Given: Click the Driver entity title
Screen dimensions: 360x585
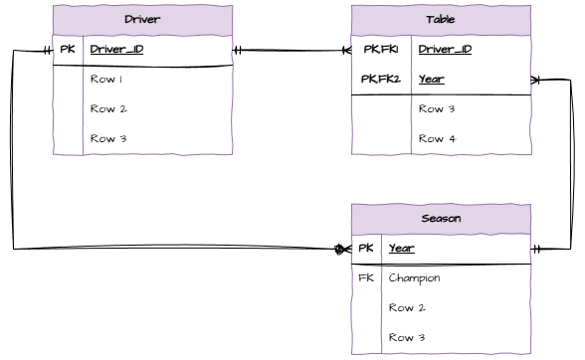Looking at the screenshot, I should (x=142, y=20).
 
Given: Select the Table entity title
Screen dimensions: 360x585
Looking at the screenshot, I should (x=441, y=20).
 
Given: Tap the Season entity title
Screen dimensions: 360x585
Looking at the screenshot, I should (x=441, y=219).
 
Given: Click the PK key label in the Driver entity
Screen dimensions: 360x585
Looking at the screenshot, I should (x=67, y=49).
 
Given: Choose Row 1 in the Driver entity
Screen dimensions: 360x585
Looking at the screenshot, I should (x=107, y=79).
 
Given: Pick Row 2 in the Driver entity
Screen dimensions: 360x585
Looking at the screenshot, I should (x=107, y=108).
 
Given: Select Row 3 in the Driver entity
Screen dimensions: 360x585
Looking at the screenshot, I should (x=107, y=138).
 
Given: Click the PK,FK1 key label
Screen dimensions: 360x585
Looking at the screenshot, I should (x=380, y=49).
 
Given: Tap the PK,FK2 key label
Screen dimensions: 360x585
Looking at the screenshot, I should (x=380, y=79).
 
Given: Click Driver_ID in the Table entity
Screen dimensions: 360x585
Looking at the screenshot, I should (x=445, y=49).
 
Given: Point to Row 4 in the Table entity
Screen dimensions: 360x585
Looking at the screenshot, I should (x=437, y=138).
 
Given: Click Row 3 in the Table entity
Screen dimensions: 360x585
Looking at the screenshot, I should (x=437, y=108).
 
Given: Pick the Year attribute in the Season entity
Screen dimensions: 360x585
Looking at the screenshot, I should (x=401, y=248).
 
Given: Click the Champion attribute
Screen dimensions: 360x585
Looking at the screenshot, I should (x=414, y=277).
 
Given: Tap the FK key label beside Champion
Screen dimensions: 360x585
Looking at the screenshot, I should (x=365, y=277).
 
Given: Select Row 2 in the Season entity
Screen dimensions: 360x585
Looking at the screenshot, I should (x=407, y=307).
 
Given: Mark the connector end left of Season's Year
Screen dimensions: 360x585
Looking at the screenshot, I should (x=342, y=249).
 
